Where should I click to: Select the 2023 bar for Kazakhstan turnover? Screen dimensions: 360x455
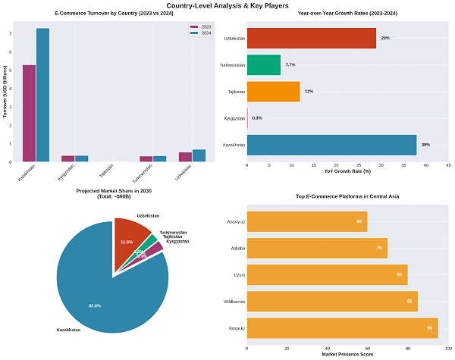tap(29, 113)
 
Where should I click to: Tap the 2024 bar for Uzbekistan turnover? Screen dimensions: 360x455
tap(199, 155)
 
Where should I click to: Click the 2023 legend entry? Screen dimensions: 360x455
tap(201, 27)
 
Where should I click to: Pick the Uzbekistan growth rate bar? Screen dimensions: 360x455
tap(312, 38)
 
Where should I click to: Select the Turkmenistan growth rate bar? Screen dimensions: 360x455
tap(264, 64)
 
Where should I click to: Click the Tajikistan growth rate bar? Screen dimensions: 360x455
tap(274, 91)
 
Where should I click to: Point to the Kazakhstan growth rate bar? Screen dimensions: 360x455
tap(331, 144)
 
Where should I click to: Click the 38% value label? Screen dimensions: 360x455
tap(425, 144)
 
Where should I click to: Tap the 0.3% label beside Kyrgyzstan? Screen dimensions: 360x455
tap(257, 118)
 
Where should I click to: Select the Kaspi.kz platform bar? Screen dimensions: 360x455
tap(342, 328)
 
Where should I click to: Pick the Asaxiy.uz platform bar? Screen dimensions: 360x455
tap(307, 221)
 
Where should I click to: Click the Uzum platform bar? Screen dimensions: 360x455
tap(327, 274)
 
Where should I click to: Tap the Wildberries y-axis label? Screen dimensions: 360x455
tap(233, 302)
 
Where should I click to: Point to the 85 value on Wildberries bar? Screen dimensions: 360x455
tap(409, 302)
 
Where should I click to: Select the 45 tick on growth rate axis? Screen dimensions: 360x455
tap(448, 164)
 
